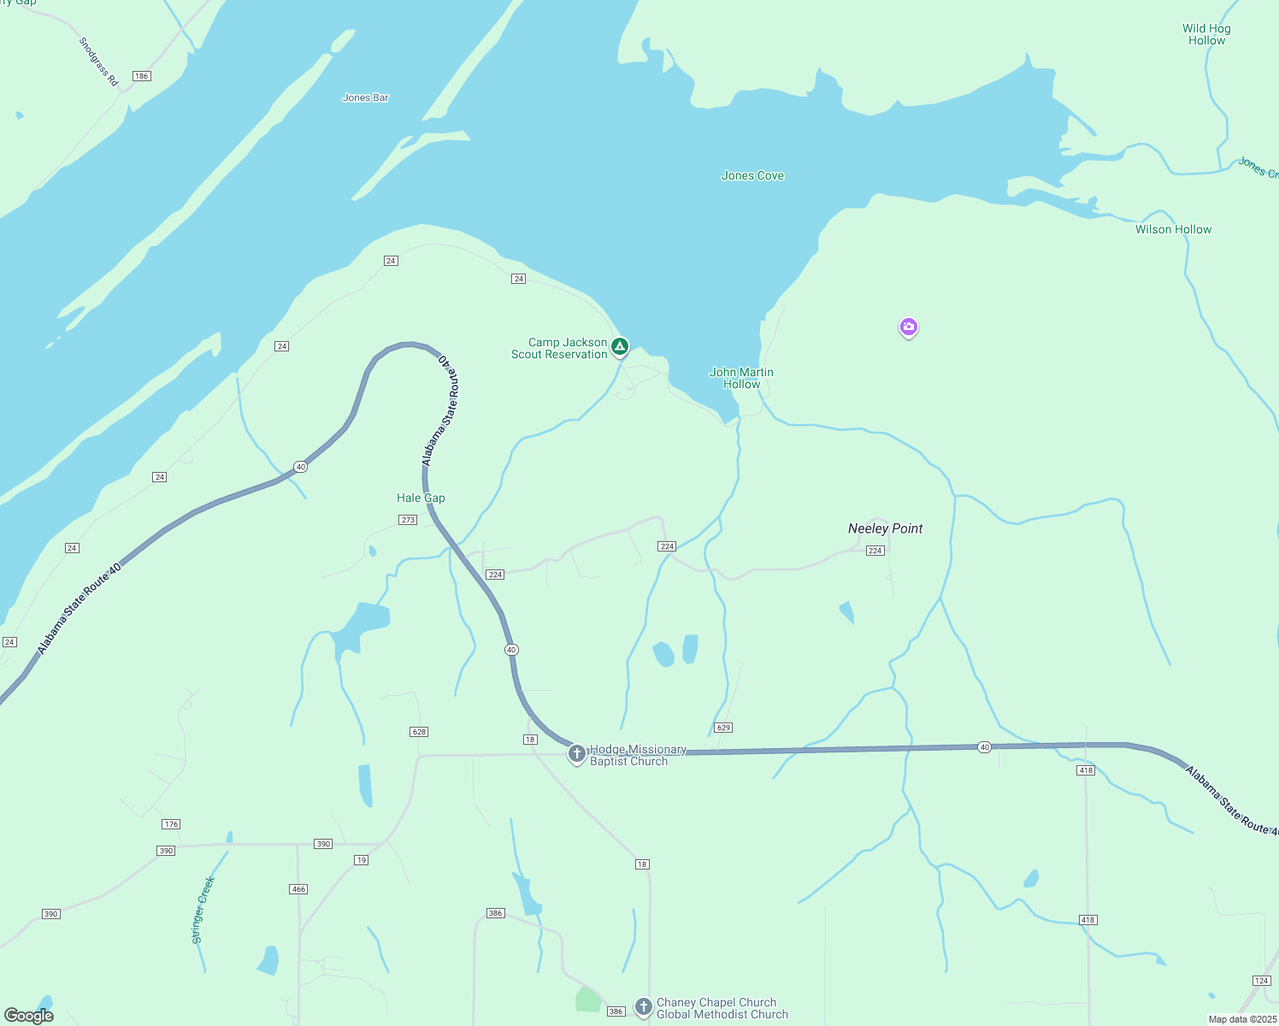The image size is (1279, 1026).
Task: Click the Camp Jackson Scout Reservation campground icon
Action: point(620,347)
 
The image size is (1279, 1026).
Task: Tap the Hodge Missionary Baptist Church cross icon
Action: point(577,754)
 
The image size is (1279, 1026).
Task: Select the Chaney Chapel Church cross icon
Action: point(644,1007)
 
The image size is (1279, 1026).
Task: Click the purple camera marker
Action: point(908,327)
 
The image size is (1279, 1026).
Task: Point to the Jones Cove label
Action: point(752,176)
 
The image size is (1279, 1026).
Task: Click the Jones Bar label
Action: point(365,97)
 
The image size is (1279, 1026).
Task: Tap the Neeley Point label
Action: point(885,528)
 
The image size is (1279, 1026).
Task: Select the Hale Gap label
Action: point(421,498)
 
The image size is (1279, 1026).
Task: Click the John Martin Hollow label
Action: point(741,378)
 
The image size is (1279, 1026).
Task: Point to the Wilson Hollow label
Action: point(1173,229)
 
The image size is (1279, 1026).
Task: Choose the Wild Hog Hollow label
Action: point(1206,34)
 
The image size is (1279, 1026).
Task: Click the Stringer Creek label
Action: point(203,910)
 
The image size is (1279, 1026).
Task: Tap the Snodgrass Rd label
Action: point(98,62)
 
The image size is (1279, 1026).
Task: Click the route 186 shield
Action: point(142,76)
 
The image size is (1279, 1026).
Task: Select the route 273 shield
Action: point(408,520)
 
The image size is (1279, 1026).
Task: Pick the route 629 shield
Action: point(724,728)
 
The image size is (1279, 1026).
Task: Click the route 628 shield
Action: point(419,732)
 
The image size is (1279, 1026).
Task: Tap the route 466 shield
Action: point(298,889)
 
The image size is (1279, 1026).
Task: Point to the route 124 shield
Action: point(1261,980)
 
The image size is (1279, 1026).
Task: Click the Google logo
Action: point(29,1016)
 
